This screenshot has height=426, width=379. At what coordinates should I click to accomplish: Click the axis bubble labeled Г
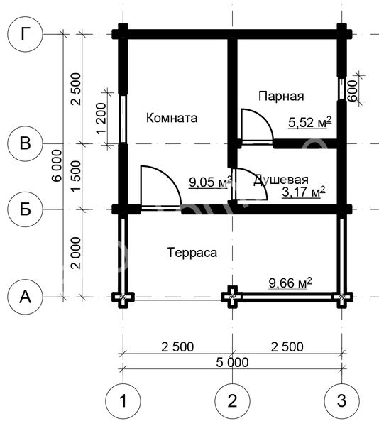25,34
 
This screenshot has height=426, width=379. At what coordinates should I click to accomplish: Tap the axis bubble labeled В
25,143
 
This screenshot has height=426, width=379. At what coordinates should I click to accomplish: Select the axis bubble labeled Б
25,209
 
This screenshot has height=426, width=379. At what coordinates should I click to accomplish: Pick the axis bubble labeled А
25,297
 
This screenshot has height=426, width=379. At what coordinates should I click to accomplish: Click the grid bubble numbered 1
123,400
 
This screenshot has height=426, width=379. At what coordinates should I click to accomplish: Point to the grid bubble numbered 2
232,400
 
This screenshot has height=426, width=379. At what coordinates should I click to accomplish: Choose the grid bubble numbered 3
342,400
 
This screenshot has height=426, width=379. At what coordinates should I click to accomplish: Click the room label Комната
172,118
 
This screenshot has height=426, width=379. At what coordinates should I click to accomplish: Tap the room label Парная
281,96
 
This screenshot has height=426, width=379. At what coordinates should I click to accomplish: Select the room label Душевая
281,180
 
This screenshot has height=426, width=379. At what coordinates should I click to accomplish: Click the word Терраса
192,253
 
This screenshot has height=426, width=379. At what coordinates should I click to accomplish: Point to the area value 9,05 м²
211,182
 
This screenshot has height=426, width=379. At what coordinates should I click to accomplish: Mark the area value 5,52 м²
309,122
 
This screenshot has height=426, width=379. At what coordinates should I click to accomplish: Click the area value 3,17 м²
304,192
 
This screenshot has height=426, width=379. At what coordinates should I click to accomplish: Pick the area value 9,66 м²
290,283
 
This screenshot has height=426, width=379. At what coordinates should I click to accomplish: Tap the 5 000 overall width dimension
232,362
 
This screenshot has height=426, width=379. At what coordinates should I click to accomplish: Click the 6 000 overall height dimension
57,165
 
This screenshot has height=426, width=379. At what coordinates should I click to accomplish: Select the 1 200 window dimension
101,118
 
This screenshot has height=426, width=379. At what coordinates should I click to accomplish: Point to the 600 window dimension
353,91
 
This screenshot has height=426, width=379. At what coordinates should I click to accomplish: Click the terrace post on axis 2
232,297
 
